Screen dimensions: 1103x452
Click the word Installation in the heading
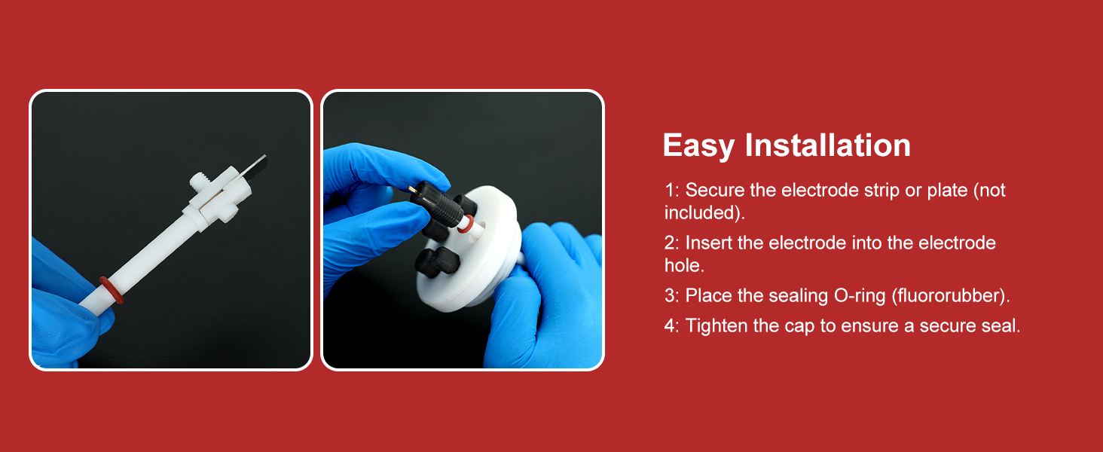click(828, 145)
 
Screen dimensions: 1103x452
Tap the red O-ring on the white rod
click(112, 290)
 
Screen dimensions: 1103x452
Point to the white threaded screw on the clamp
click(198, 182)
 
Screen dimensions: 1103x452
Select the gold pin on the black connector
click(411, 189)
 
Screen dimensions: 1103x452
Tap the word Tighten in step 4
click(716, 326)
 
